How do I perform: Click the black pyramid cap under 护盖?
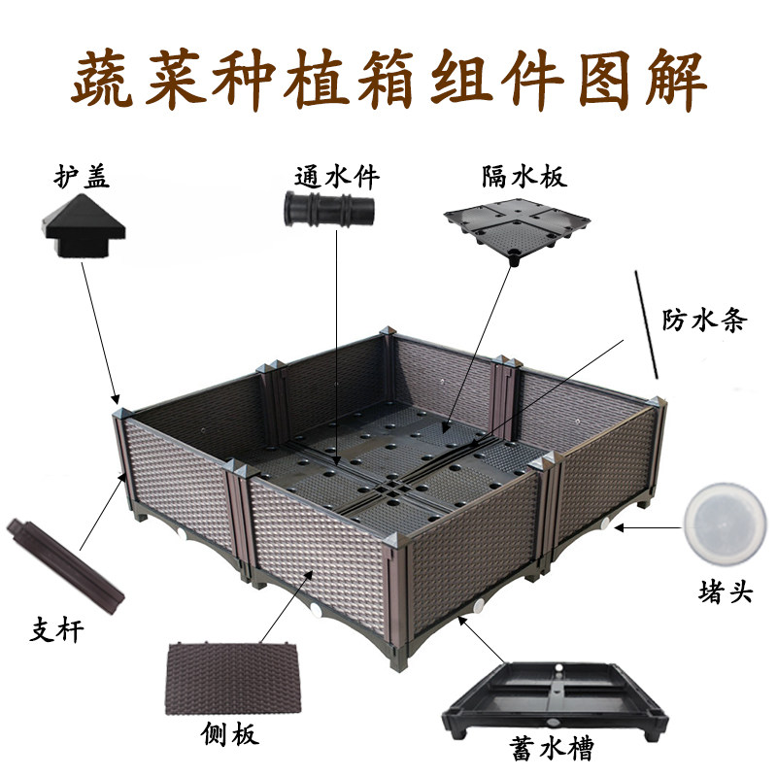coord(84,225)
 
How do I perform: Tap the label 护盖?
coord(82,176)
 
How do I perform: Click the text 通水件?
coord(337,177)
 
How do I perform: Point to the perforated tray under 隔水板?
coord(517,227)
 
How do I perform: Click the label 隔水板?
coord(524,176)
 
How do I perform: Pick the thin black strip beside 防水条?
coord(647,324)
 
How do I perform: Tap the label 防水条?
coord(704,321)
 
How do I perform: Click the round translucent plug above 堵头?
coord(725,525)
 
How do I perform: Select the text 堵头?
coord(726,591)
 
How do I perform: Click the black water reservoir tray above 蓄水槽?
coord(555,697)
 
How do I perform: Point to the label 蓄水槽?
coord(552,749)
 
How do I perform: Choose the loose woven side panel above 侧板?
coord(233,678)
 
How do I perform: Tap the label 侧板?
coord(229,734)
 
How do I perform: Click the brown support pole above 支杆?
coord(65,565)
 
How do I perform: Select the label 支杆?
coord(56,630)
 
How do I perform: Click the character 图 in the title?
coord(605,80)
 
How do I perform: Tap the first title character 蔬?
coord(103,80)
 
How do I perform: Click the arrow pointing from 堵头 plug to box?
coord(648,528)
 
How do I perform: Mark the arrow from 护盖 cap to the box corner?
coord(101,333)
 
